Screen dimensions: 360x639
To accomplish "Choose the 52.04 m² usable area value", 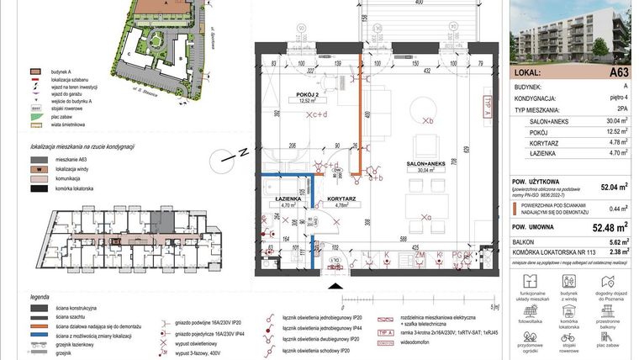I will click(612, 188).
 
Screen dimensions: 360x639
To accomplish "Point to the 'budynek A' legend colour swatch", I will click(34, 73).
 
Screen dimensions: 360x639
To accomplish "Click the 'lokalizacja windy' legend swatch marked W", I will click(34, 169).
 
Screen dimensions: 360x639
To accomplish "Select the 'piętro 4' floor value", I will click(619, 97).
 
